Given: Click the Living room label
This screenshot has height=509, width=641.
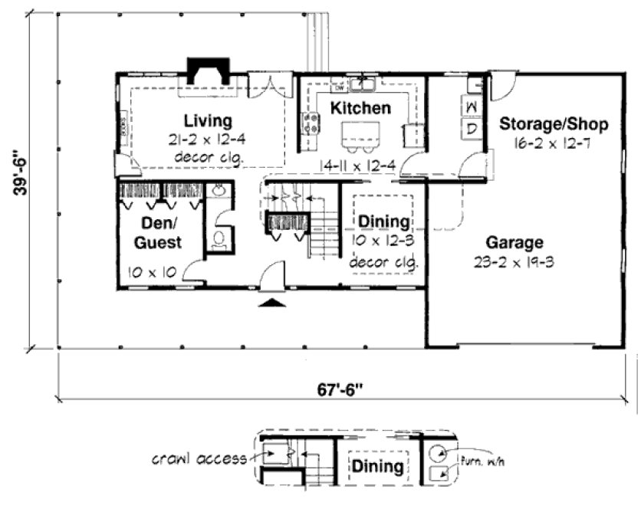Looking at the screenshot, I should pos(208,120).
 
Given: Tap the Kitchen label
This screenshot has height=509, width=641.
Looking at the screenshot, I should pos(360,109).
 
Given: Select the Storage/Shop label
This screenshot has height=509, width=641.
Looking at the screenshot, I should pos(554,124).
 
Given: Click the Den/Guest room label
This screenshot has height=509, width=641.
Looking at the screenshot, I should pos(160,232).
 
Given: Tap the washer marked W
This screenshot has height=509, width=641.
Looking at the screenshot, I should pos(473,105).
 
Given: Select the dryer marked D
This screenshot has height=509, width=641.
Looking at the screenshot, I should pos(473,128).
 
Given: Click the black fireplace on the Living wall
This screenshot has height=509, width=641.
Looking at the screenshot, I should pos(205,71).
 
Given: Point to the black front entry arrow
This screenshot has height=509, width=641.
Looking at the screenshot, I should pos(274,304).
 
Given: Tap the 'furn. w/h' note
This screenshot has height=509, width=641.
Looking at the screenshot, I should pos(480,461).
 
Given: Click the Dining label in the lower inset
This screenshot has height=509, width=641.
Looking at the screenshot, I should pos(377,466).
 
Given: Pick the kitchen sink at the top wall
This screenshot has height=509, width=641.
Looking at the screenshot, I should pos(363,82).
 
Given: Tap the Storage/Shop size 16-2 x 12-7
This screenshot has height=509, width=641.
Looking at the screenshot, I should pos(554,143).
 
